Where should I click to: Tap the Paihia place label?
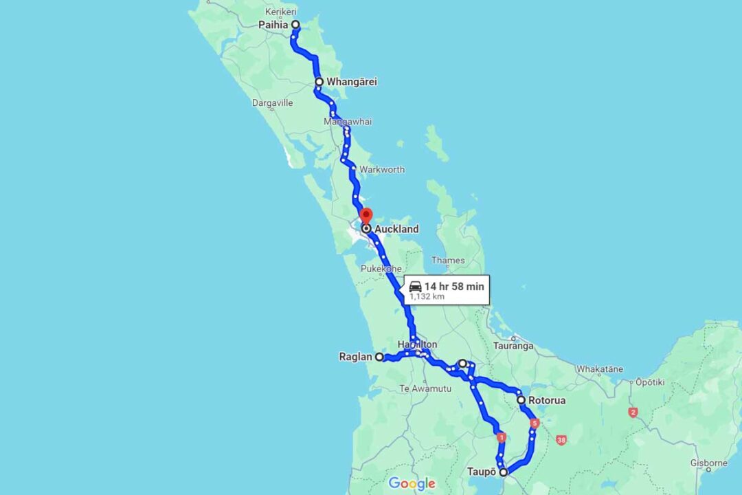coord(273,25)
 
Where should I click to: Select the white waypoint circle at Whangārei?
coord(319,82)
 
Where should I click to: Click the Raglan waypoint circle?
coord(379,357)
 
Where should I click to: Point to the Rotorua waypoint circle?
coord(521,399)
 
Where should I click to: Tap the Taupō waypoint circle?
coord(504,472)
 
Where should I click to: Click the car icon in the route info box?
coord(415,286)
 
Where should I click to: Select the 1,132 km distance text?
coord(426,297)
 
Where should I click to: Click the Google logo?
coord(412,483)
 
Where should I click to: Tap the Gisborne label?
coord(708,463)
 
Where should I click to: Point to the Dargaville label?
coord(272,103)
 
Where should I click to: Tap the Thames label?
coord(448,261)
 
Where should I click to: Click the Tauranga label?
coord(513,346)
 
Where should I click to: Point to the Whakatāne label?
coord(600,369)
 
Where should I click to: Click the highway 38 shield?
coord(562,439)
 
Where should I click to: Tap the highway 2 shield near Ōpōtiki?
coord(633,412)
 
